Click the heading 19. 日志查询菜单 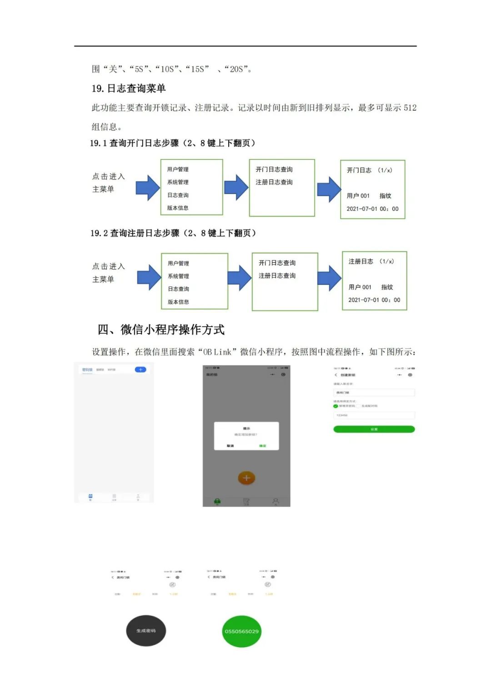point(129,88)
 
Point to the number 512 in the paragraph point(410,108)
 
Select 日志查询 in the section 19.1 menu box point(178,195)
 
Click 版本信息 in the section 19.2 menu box point(178,302)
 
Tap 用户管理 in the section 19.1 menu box point(178,169)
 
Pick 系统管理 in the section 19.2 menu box point(178,276)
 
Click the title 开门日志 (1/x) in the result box point(369,170)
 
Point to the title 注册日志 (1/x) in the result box point(371,261)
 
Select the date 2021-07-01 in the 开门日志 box point(362,209)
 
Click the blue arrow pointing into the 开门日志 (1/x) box point(329,189)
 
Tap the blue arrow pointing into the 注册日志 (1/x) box point(329,277)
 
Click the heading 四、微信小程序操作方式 point(161,330)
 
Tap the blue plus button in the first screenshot point(140,369)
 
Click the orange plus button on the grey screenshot point(246,478)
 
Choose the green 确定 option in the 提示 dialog point(262,446)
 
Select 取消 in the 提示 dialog point(230,446)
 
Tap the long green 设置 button point(374,429)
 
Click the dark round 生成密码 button point(146,630)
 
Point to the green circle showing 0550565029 point(241,631)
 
